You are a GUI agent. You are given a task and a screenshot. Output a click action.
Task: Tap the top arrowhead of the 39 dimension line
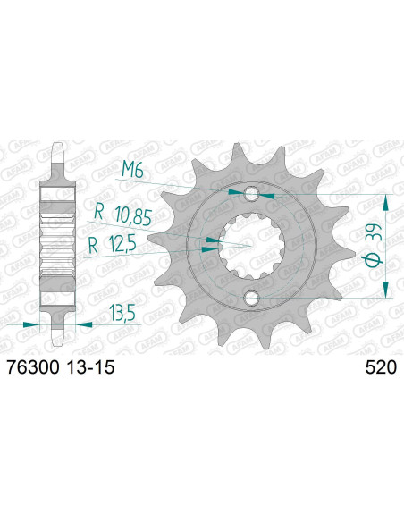[x=385, y=199]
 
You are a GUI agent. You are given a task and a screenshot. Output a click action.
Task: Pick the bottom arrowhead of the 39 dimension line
[x=385, y=290]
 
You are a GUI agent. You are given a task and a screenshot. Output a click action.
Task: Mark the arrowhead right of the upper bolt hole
[x=266, y=192]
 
